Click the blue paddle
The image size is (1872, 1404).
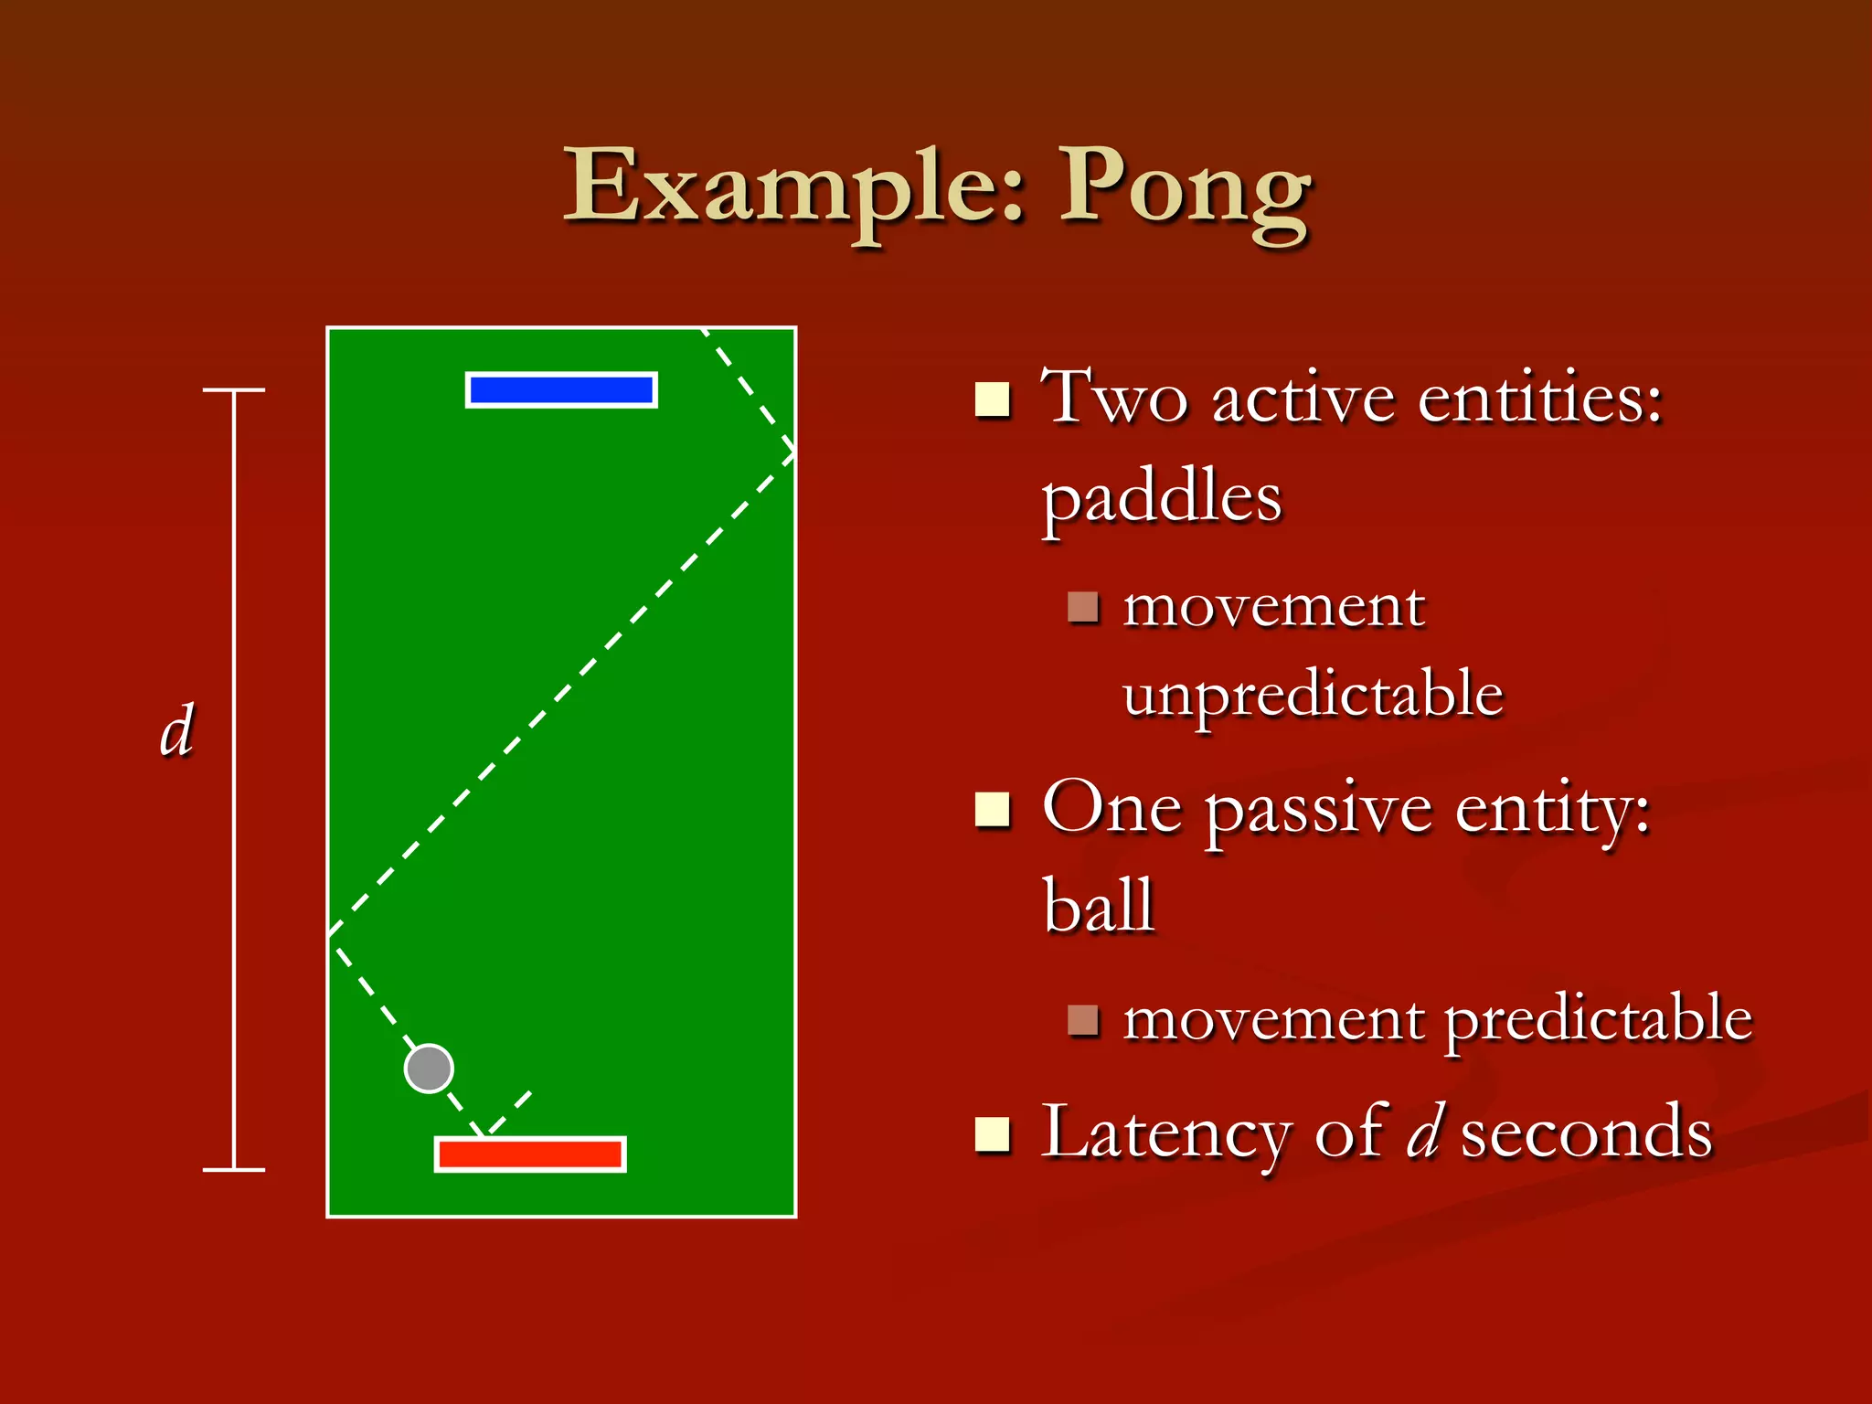[x=561, y=390]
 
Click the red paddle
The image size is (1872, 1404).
[x=530, y=1154]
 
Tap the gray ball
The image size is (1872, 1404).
[x=429, y=1069]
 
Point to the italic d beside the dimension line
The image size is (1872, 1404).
[x=176, y=731]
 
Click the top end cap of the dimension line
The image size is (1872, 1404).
[x=234, y=390]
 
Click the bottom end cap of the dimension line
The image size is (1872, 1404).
[x=234, y=1169]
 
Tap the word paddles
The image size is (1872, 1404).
[x=1162, y=500]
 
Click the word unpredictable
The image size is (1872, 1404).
[x=1313, y=695]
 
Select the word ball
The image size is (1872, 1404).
[x=1099, y=905]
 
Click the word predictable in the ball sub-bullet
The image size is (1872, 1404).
[x=1598, y=1019]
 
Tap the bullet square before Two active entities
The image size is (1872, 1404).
[x=993, y=399]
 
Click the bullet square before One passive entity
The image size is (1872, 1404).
[x=993, y=809]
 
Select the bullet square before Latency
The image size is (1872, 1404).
[x=993, y=1133]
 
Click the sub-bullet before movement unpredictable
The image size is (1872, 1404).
[x=1082, y=607]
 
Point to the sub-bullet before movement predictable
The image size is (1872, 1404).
[x=1082, y=1020]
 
